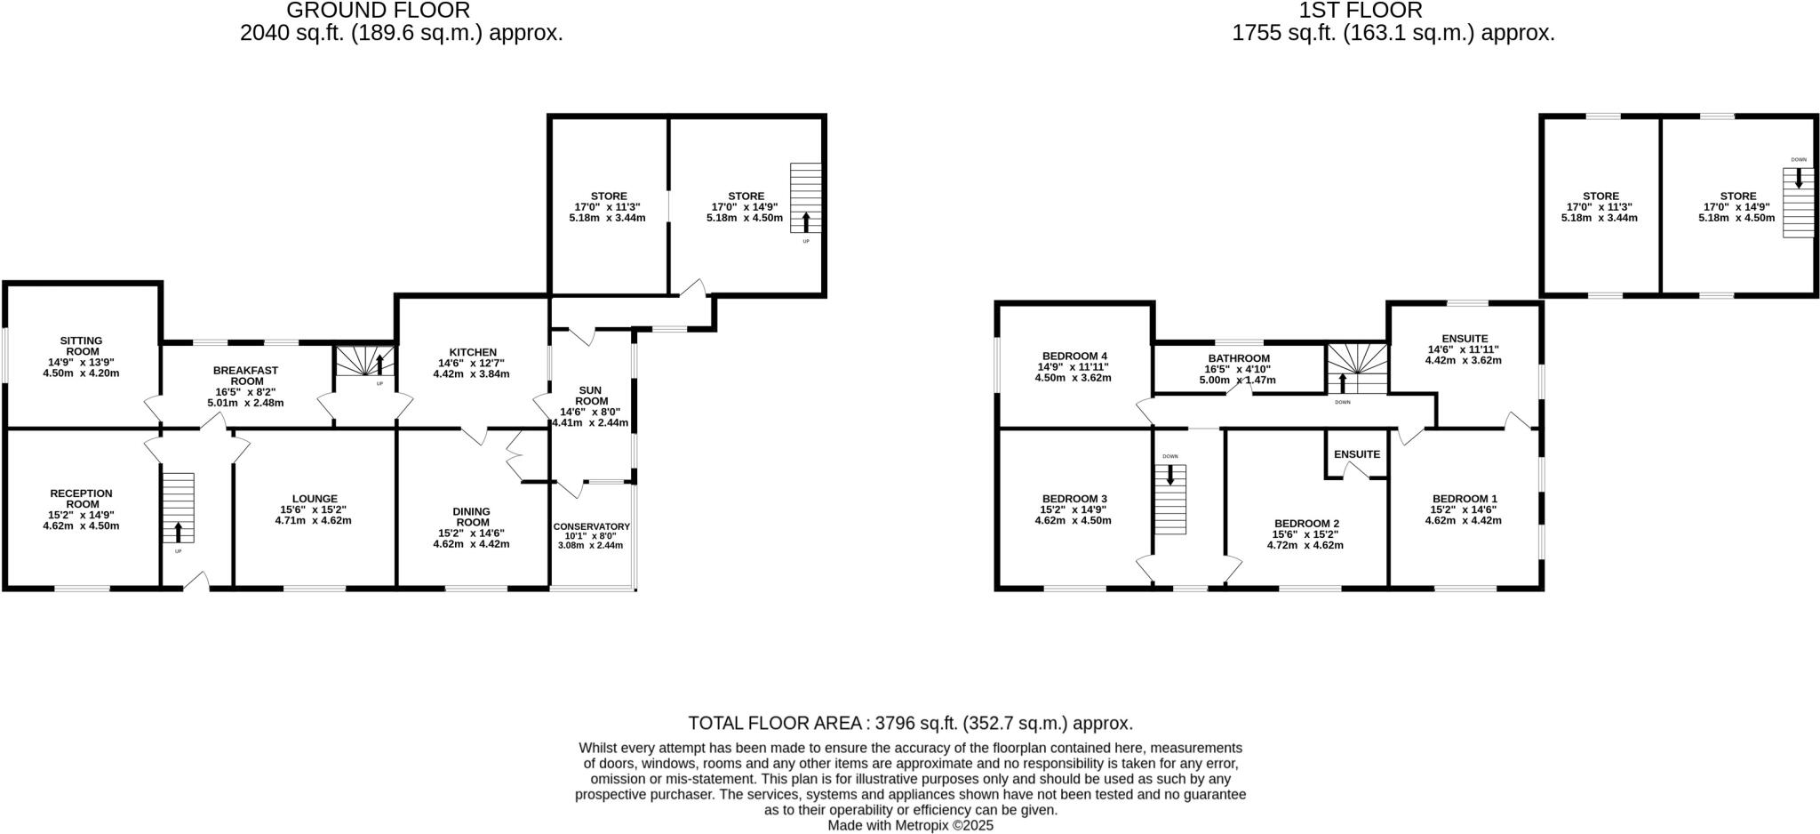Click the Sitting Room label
click(x=81, y=346)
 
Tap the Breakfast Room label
click(x=246, y=375)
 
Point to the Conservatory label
click(x=591, y=526)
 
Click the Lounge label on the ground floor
click(x=315, y=499)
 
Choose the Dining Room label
click(x=472, y=517)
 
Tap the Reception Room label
click(x=81, y=499)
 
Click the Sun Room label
click(x=590, y=396)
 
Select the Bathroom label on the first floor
click(x=1239, y=358)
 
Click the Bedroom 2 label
click(x=1306, y=524)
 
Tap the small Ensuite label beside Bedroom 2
click(x=1357, y=454)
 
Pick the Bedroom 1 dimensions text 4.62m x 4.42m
click(x=1463, y=520)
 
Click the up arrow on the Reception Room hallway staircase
click(x=178, y=532)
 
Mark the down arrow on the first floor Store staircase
click(x=1799, y=178)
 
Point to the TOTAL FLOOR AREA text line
click(x=911, y=723)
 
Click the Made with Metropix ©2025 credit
click(x=911, y=825)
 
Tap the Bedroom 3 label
click(x=1074, y=499)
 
